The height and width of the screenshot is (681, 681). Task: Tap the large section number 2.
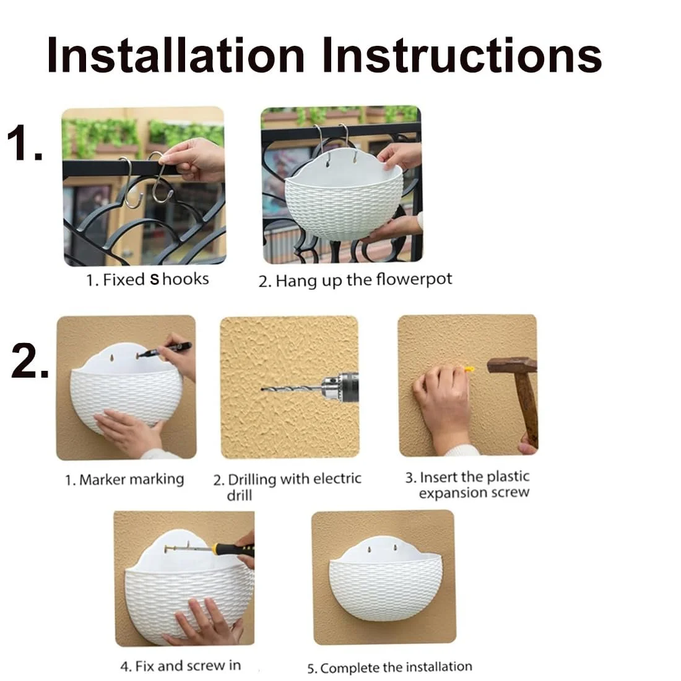click(x=30, y=360)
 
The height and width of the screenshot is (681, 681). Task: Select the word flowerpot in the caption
click(x=414, y=279)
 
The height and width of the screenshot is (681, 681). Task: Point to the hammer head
click(x=512, y=365)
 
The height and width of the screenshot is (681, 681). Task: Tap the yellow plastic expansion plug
click(x=469, y=370)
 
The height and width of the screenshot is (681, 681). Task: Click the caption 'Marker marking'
click(x=132, y=479)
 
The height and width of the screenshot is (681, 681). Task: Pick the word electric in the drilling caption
click(x=337, y=479)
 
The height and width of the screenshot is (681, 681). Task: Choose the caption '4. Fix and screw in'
click(x=181, y=666)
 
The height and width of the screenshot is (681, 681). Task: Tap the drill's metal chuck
click(x=332, y=388)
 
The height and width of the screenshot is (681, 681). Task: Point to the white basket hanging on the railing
click(x=344, y=196)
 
